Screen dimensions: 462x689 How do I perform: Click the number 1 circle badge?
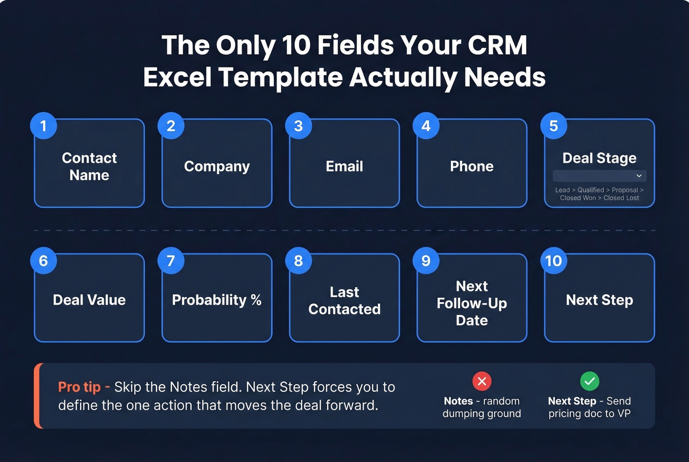click(43, 126)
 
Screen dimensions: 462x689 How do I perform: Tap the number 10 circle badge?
click(553, 261)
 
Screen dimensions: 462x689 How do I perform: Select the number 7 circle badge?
click(171, 261)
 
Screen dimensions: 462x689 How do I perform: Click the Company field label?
click(217, 166)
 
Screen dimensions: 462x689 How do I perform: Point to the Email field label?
click(344, 166)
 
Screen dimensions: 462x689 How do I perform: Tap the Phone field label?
click(471, 166)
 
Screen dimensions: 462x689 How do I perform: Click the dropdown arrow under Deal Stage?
click(639, 176)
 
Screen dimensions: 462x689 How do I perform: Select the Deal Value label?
click(89, 300)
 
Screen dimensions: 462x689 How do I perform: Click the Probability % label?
click(217, 300)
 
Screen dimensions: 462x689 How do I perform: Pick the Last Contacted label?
click(344, 301)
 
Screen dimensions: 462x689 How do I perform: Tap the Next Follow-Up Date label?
click(471, 303)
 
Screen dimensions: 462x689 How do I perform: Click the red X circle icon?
click(482, 381)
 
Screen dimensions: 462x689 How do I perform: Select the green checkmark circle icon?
click(590, 381)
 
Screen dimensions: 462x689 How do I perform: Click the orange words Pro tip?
click(79, 387)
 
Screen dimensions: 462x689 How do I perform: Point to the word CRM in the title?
click(497, 45)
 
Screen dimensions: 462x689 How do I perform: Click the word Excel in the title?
click(177, 78)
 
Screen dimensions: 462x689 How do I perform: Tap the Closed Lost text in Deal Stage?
click(621, 198)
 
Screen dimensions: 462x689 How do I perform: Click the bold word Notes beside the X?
click(458, 401)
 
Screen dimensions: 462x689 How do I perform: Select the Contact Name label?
click(89, 166)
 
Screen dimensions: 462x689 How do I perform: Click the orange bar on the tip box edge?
click(37, 396)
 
